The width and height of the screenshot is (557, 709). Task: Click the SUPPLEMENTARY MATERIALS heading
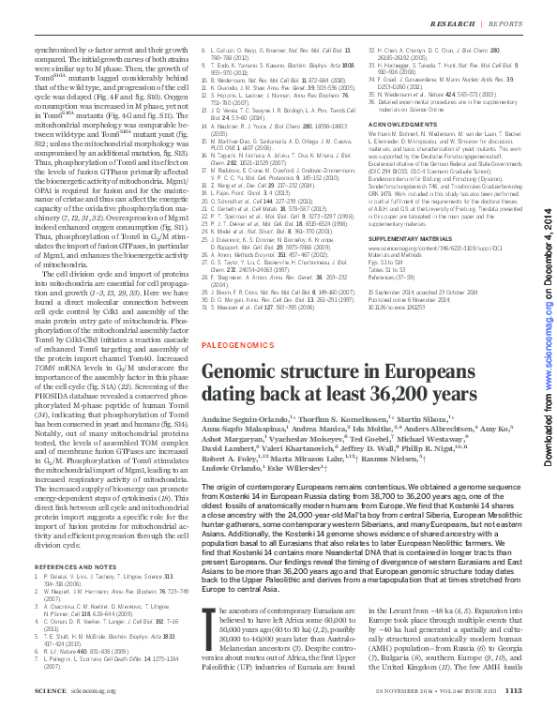(415, 240)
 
